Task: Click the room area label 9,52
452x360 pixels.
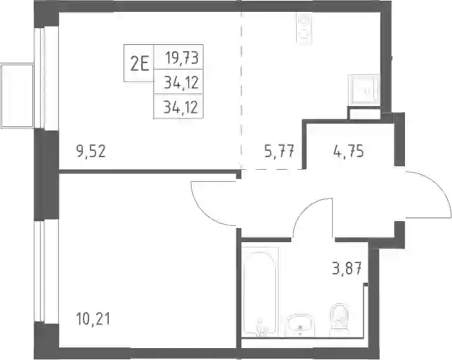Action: pos(91,151)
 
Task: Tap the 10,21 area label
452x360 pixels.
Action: pos(93,319)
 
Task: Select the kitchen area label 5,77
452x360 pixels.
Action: pos(279,151)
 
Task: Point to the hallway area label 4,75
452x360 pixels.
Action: pos(349,151)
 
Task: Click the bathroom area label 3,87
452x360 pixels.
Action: pos(347,269)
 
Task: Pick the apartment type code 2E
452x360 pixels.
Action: pos(140,64)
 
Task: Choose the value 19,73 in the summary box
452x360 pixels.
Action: pos(182,58)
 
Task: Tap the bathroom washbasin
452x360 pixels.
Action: pos(300,326)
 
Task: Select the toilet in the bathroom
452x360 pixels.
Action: pos(339,320)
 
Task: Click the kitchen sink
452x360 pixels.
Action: pos(364,90)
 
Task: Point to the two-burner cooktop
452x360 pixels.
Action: pos(304,28)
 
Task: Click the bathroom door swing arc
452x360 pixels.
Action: pos(307,208)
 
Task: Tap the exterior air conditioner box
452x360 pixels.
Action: pos(18,95)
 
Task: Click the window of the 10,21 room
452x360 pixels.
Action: pos(39,272)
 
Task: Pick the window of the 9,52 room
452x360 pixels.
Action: pos(39,78)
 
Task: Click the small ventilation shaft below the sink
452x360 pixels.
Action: pos(364,113)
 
